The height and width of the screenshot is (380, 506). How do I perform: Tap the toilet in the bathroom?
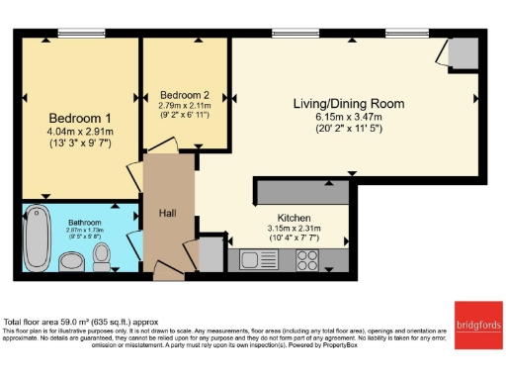pyautogui.click(x=102, y=256)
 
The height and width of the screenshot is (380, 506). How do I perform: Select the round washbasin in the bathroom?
pyautogui.click(x=72, y=261)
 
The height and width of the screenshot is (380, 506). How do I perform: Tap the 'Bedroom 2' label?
pyautogui.click(x=184, y=95)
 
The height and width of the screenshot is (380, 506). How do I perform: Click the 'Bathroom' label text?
pyautogui.click(x=85, y=223)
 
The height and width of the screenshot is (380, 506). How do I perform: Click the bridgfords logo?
pyautogui.click(x=478, y=319)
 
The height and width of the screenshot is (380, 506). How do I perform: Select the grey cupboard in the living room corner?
pyautogui.click(x=461, y=51)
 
